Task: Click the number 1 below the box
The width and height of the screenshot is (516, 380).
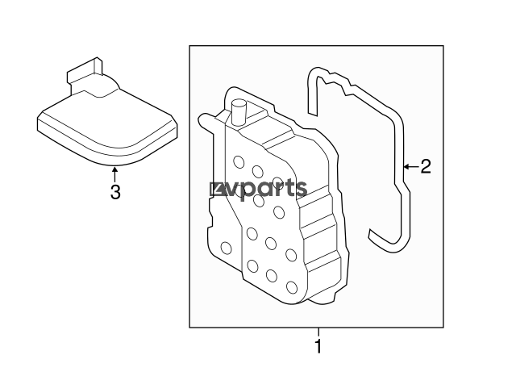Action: pos(318,348)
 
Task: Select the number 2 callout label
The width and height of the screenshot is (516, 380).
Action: pos(426,167)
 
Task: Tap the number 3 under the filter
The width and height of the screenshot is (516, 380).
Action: pos(115,193)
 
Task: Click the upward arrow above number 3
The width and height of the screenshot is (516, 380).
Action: pos(115,173)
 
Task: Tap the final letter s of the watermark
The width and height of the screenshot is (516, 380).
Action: pos(301,190)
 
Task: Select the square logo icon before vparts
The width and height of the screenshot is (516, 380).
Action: pos(216,190)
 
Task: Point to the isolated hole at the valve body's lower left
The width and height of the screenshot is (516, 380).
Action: pos(226,247)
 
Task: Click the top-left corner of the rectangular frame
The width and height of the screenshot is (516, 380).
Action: pos(190,47)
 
